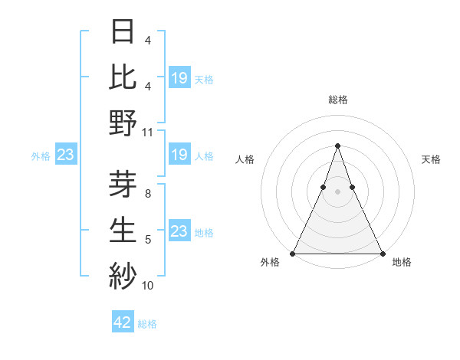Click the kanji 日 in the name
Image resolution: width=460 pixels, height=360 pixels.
click(123, 31)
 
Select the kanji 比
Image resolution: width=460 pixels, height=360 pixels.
click(123, 77)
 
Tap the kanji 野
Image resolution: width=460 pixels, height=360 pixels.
click(123, 123)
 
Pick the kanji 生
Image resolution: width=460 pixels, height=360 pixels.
click(123, 229)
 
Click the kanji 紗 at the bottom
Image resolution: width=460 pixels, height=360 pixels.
click(123, 274)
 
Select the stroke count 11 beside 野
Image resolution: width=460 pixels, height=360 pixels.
click(148, 132)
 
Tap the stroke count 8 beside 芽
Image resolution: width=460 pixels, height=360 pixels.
click(148, 194)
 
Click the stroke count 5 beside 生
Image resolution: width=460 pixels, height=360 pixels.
click(148, 240)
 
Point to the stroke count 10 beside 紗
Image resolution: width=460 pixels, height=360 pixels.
click(148, 286)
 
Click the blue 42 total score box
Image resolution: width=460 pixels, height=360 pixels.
click(123, 322)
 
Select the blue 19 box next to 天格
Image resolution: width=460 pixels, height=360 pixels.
click(179, 77)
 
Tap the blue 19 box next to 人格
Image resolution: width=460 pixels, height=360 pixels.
click(179, 155)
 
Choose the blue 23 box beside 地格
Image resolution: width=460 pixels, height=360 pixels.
click(179, 231)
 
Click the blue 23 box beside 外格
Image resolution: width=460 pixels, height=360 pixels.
click(65, 155)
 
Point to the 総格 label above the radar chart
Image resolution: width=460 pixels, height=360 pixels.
click(337, 100)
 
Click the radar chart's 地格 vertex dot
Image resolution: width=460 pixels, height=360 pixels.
click(382, 254)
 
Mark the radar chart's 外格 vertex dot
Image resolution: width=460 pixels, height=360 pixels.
click(293, 254)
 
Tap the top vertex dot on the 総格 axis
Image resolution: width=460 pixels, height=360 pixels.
click(337, 146)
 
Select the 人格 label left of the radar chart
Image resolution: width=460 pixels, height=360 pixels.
click(245, 159)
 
